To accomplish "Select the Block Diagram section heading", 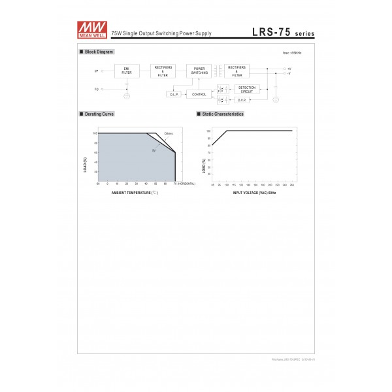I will (x=99, y=51).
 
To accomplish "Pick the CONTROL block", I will (x=199, y=94).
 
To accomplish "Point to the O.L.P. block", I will (x=174, y=94).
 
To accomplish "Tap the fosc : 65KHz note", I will (x=291, y=53).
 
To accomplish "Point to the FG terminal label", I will (x=97, y=90).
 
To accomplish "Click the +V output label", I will (x=289, y=68).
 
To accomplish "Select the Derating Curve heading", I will (x=99, y=114).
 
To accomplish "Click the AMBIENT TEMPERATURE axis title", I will (x=135, y=194).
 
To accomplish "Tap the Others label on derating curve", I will (x=168, y=133).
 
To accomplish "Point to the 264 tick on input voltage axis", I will (x=291, y=185).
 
